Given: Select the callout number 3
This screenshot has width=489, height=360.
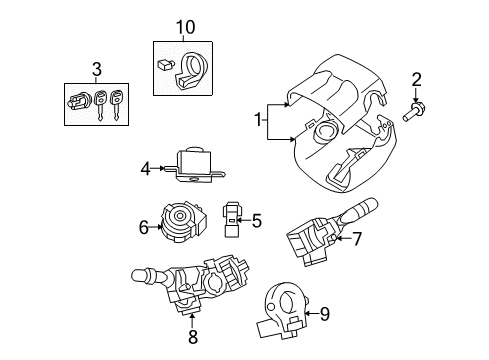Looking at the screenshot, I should [96, 68].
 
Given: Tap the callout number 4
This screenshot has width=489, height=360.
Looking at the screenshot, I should [145, 169].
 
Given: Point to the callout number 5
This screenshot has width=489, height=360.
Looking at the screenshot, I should [256, 221].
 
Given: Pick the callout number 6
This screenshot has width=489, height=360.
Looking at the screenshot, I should [145, 227].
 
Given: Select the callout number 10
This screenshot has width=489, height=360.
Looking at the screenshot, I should [182, 24].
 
